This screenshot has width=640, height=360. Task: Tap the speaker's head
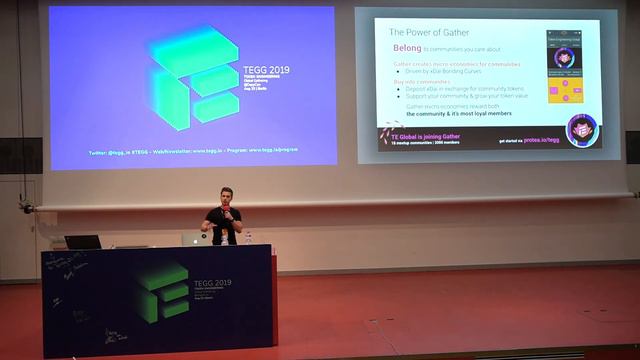click(x=224, y=195)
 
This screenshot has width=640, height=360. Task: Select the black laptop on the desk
click(x=82, y=242)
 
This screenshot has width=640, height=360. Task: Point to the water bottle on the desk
click(x=249, y=238)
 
